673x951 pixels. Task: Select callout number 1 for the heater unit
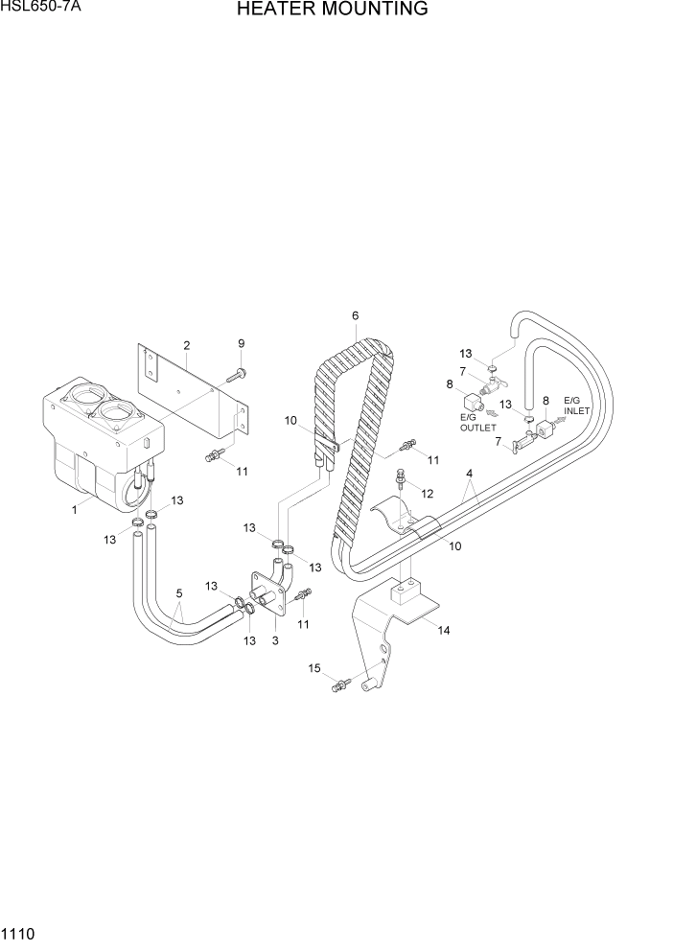[74, 510]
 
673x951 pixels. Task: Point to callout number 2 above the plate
[186, 345]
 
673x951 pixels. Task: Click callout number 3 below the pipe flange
[275, 639]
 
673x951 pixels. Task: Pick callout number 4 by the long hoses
[470, 474]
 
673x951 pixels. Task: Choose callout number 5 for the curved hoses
[179, 592]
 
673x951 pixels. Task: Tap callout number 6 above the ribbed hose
[355, 315]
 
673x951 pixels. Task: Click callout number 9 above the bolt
[242, 343]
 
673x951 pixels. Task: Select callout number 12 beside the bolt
[428, 494]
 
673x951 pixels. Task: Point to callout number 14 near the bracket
[443, 630]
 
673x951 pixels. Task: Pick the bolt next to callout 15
[340, 684]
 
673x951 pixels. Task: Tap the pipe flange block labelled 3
[268, 598]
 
